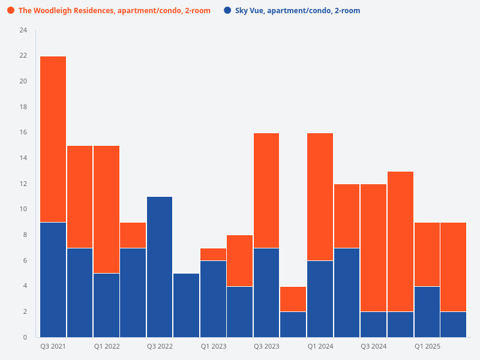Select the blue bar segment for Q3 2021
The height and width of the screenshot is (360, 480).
click(x=53, y=280)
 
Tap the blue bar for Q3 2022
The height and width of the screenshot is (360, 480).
click(x=160, y=267)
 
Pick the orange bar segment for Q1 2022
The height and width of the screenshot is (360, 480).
click(x=106, y=209)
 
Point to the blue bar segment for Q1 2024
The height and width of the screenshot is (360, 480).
click(x=320, y=299)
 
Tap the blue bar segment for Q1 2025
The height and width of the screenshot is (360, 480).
click(x=427, y=311)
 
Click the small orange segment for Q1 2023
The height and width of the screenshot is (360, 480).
click(x=213, y=254)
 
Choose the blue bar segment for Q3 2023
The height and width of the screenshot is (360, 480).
click(x=266, y=292)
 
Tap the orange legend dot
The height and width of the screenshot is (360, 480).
click(x=11, y=11)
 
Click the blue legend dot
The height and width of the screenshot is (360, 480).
click(x=227, y=11)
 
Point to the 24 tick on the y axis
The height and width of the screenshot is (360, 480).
click(x=23, y=30)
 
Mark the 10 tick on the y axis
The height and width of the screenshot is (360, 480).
click(x=23, y=209)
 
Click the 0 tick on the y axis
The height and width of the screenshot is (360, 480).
click(x=25, y=337)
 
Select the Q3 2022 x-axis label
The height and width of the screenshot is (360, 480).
click(x=160, y=347)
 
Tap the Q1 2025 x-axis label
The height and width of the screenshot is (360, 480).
click(x=427, y=347)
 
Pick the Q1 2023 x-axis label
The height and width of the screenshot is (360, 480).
click(x=213, y=347)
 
